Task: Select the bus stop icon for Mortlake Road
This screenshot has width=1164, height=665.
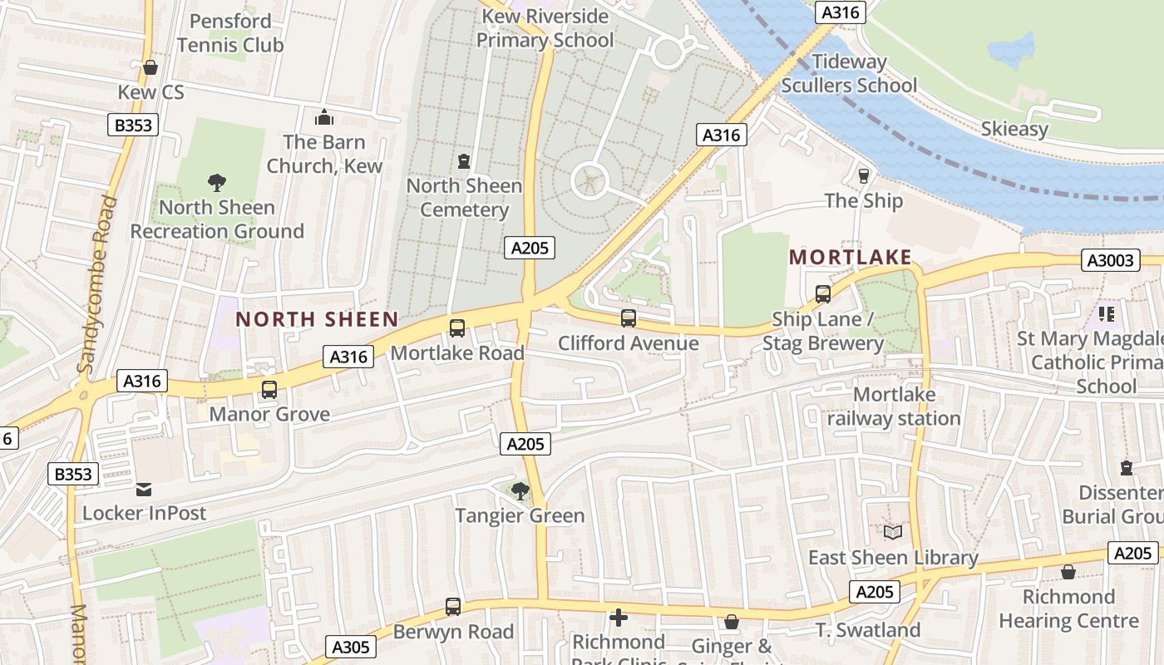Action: pyautogui.click(x=457, y=328)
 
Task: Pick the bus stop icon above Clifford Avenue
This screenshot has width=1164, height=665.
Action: pyautogui.click(x=629, y=318)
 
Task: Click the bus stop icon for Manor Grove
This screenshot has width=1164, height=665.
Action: pyautogui.click(x=269, y=390)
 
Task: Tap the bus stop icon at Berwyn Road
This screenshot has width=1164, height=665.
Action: pyautogui.click(x=453, y=607)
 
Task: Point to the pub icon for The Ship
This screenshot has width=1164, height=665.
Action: pyautogui.click(x=863, y=176)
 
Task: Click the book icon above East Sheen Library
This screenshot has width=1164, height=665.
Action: pyautogui.click(x=893, y=532)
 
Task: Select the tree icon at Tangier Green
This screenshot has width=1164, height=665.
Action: pyautogui.click(x=520, y=491)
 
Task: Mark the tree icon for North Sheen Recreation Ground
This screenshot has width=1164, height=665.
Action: pyautogui.click(x=217, y=183)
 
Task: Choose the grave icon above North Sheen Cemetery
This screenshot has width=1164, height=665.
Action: pyautogui.click(x=464, y=161)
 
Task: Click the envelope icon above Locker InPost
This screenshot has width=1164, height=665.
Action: pyautogui.click(x=144, y=489)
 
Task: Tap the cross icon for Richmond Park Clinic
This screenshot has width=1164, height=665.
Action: pyautogui.click(x=619, y=618)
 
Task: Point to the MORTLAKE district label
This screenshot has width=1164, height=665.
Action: pyautogui.click(x=851, y=258)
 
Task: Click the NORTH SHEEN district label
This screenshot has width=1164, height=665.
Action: pyautogui.click(x=317, y=319)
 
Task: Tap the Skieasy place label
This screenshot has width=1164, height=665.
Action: pyautogui.click(x=1014, y=129)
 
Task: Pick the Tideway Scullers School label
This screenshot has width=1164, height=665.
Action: pyautogui.click(x=849, y=73)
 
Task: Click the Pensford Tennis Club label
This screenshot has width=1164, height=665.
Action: pyautogui.click(x=230, y=33)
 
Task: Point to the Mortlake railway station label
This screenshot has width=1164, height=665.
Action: pyautogui.click(x=894, y=406)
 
